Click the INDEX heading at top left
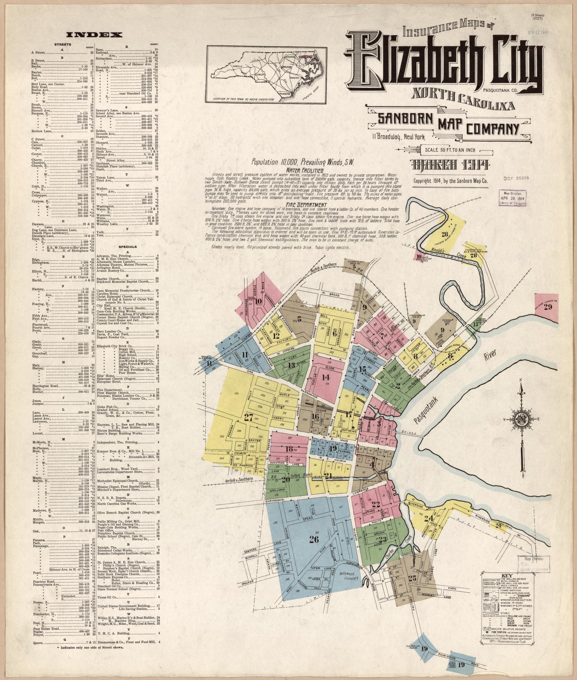(x=94, y=35)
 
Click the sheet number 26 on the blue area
(x=314, y=540)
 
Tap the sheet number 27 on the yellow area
(x=248, y=417)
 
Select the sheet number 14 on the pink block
(x=326, y=377)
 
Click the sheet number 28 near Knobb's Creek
(x=445, y=234)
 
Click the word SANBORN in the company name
(x=406, y=119)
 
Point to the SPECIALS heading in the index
(x=127, y=247)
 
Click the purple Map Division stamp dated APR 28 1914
(x=514, y=198)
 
